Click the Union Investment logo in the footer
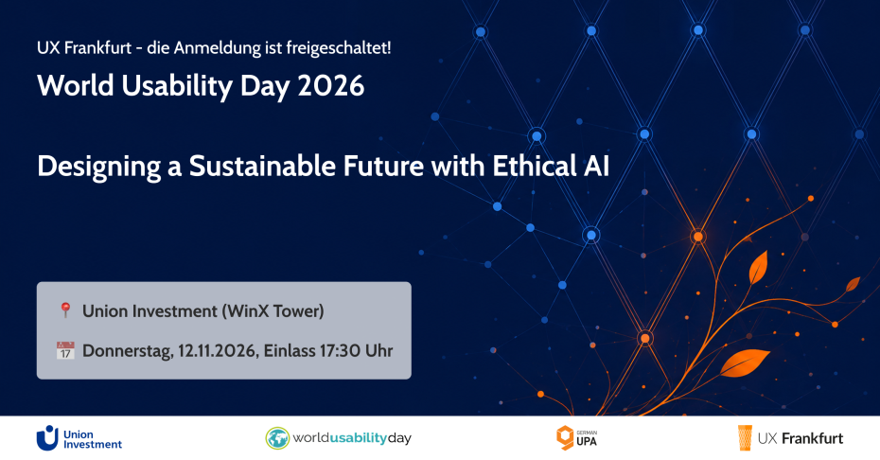tap(79, 438)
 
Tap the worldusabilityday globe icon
tap(277, 438)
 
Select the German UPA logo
tap(576, 437)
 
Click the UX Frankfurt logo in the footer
tap(790, 438)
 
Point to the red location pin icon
tap(65, 310)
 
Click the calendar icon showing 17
tap(65, 350)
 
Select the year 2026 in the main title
tap(331, 86)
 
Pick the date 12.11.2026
tap(218, 351)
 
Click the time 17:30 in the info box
tap(340, 351)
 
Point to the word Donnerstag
tap(128, 351)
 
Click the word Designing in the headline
tap(99, 168)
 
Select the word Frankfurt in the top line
tap(97, 48)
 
